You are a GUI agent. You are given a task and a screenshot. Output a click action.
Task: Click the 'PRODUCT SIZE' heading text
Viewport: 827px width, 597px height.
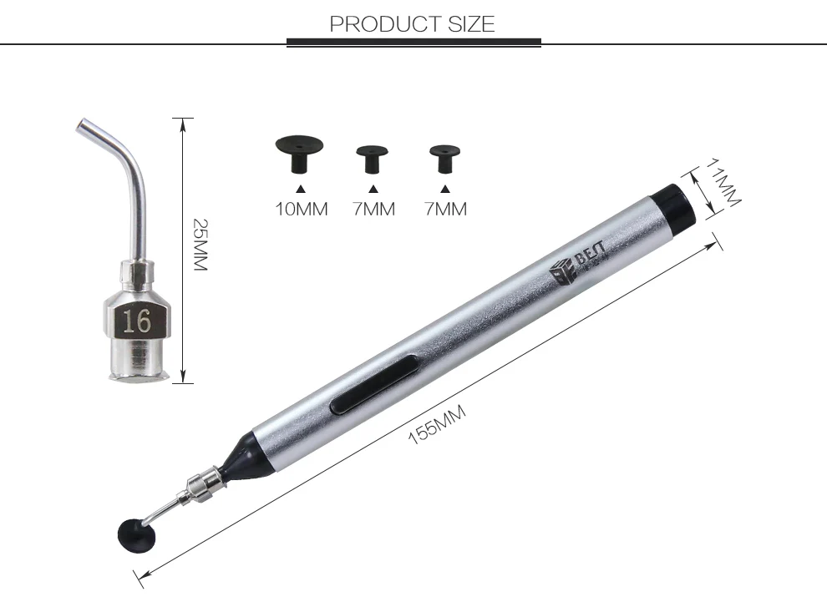[412, 23]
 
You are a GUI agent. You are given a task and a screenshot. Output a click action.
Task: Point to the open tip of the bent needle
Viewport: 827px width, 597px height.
[81, 126]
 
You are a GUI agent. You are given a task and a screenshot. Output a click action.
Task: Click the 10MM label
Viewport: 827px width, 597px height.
[302, 209]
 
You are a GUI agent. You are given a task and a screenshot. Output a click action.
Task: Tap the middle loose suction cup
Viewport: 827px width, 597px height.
[373, 157]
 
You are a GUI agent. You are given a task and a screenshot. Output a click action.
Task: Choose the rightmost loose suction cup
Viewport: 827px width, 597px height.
[444, 157]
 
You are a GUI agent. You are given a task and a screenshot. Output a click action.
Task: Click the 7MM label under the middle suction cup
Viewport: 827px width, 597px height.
[373, 209]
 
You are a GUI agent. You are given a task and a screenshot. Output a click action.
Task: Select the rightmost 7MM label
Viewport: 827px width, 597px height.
[445, 209]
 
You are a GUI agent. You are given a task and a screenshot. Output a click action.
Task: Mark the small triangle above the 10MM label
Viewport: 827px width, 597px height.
[302, 189]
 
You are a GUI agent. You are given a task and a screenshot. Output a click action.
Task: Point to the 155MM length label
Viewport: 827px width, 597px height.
[437, 423]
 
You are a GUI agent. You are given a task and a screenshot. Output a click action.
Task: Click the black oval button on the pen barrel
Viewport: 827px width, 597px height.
[375, 382]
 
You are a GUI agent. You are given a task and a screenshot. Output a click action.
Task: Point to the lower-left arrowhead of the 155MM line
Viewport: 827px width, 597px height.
[140, 574]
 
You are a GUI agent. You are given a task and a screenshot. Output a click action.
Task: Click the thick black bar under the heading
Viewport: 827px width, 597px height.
[413, 42]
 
